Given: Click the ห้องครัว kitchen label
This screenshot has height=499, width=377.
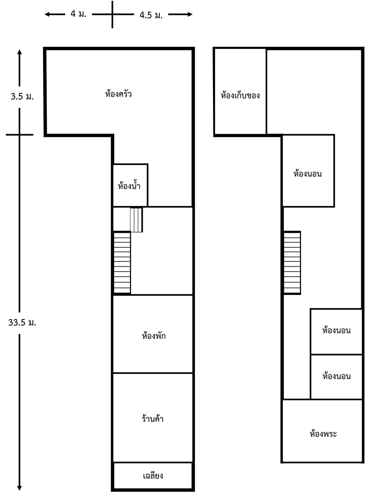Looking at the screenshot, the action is click(118, 94).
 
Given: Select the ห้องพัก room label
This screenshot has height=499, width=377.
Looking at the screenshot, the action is click(153, 335).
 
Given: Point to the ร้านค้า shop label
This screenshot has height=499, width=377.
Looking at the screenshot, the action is click(153, 418).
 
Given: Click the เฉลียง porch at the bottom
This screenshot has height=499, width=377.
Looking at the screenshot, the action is click(153, 475).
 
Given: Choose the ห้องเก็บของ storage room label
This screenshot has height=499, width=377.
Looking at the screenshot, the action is click(240, 95).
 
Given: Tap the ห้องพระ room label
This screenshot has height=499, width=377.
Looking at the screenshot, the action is click(323, 434).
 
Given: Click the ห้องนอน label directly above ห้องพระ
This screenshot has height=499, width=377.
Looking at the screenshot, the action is click(336, 376).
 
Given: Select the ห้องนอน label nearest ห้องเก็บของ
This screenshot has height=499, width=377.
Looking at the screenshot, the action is click(307, 174).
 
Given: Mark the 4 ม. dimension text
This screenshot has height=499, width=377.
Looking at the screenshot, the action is click(78, 14).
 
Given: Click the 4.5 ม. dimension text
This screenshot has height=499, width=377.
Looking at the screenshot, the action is click(151, 15).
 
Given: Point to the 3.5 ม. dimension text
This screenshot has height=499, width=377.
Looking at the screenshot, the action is click(22, 96).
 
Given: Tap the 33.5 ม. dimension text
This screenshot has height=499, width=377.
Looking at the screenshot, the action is click(22, 322).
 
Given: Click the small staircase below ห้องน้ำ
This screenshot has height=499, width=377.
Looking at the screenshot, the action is click(136, 220).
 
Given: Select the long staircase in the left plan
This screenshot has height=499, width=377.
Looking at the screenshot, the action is click(122, 262).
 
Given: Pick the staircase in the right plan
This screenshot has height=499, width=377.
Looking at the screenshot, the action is click(292, 262).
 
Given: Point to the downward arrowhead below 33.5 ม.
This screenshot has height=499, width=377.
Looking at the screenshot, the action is click(19, 488).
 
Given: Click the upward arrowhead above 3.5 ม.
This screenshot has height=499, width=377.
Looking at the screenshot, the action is click(19, 52).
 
